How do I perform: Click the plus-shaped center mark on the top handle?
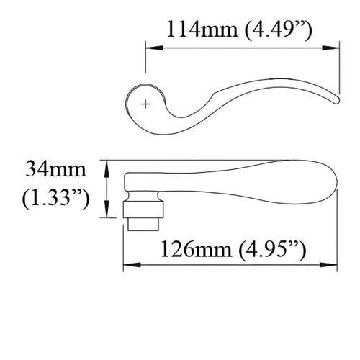coord(146,104)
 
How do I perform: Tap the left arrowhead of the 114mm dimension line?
coord(150,48)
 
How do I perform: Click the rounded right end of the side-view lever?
coord(333,184)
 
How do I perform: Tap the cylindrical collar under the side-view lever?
coord(145,210)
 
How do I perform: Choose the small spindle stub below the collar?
coord(145,224)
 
